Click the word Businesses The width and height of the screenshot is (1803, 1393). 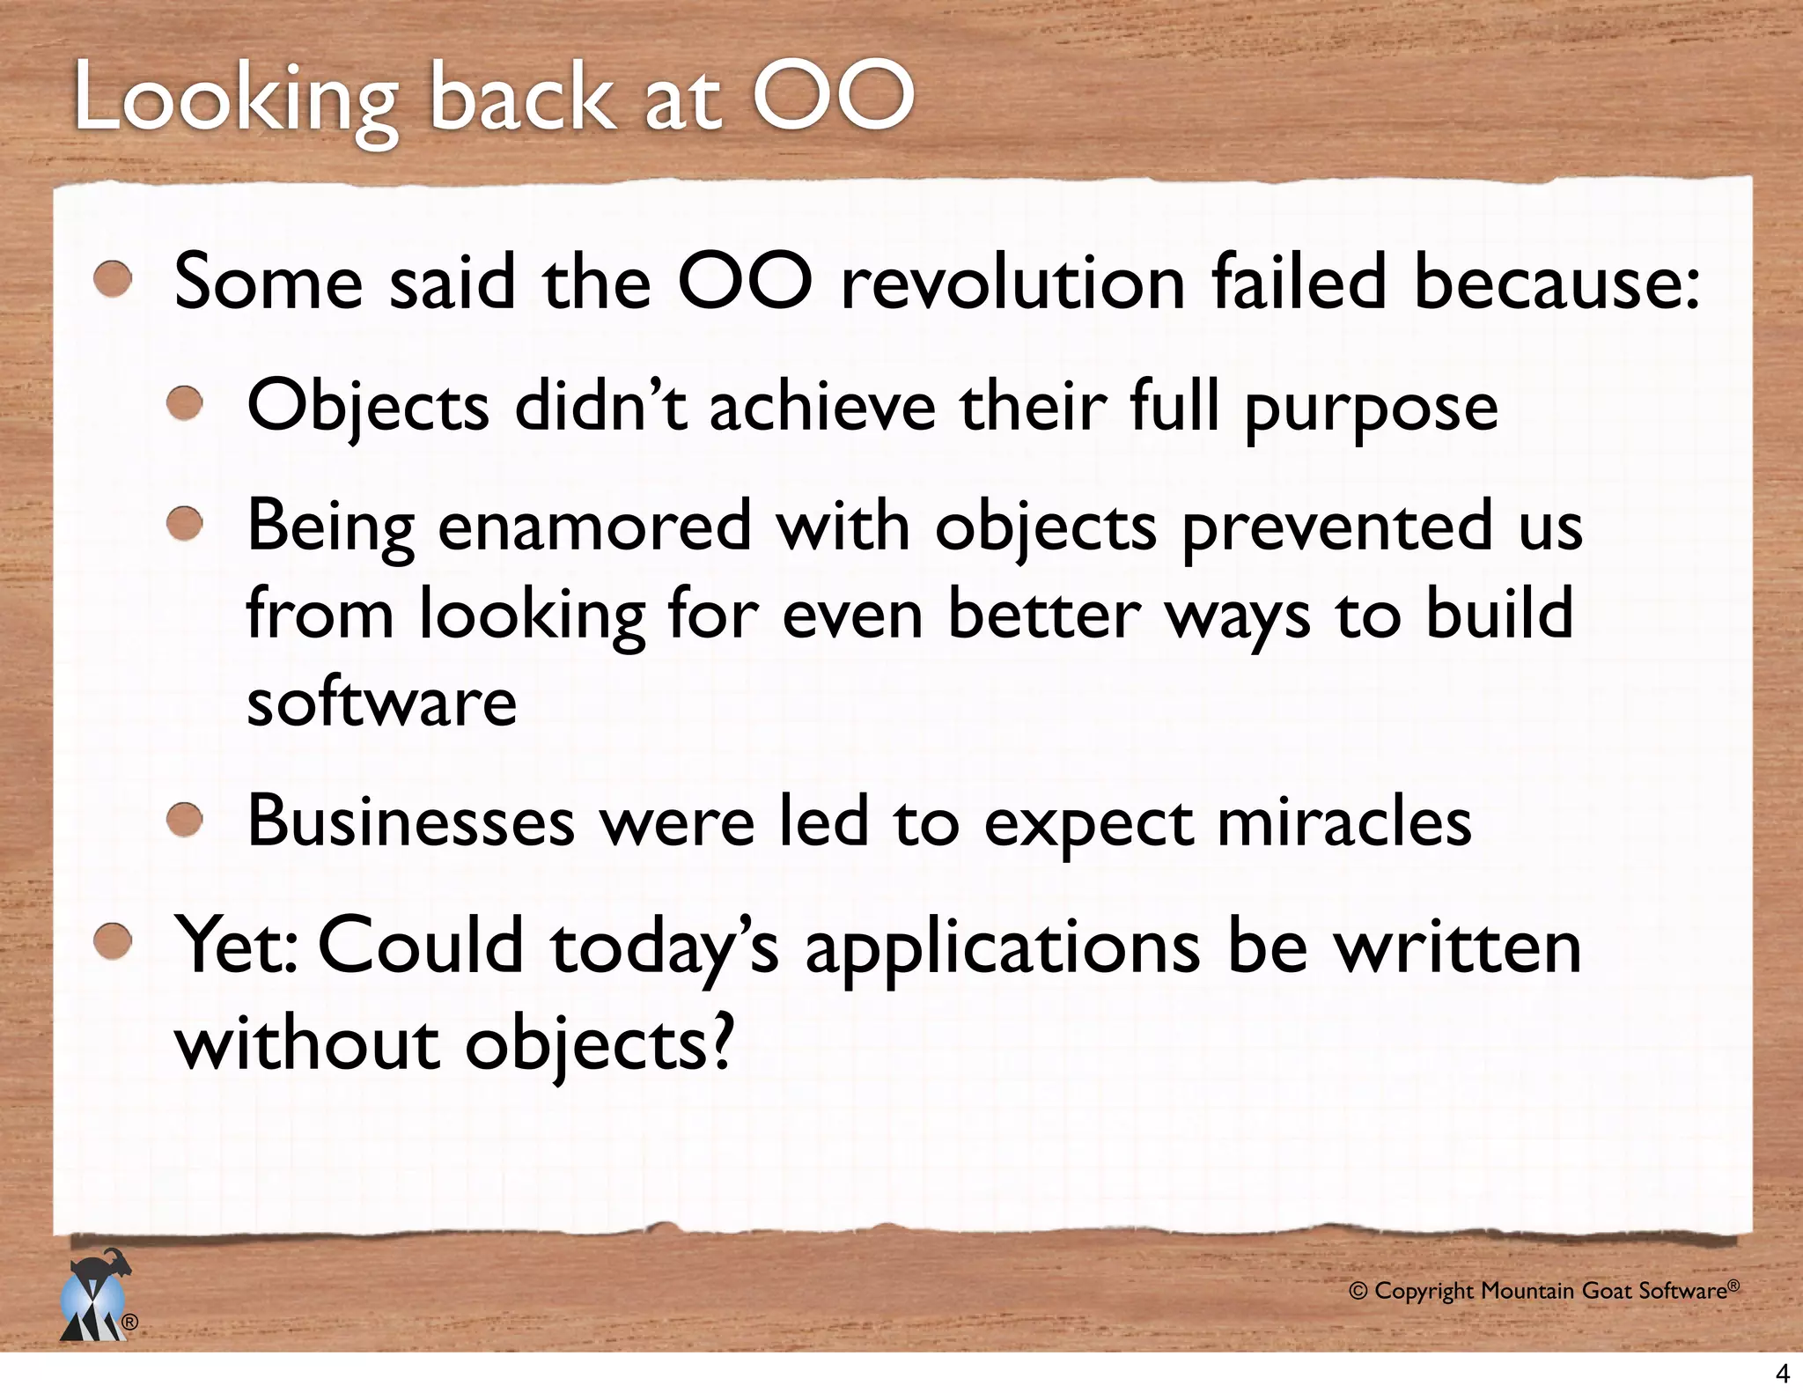coord(410,821)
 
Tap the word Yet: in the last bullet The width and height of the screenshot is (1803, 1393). coord(236,946)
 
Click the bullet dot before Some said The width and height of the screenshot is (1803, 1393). coord(113,281)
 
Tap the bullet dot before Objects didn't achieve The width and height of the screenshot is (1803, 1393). coord(185,405)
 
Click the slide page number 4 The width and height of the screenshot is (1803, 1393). coord(1783,1374)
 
